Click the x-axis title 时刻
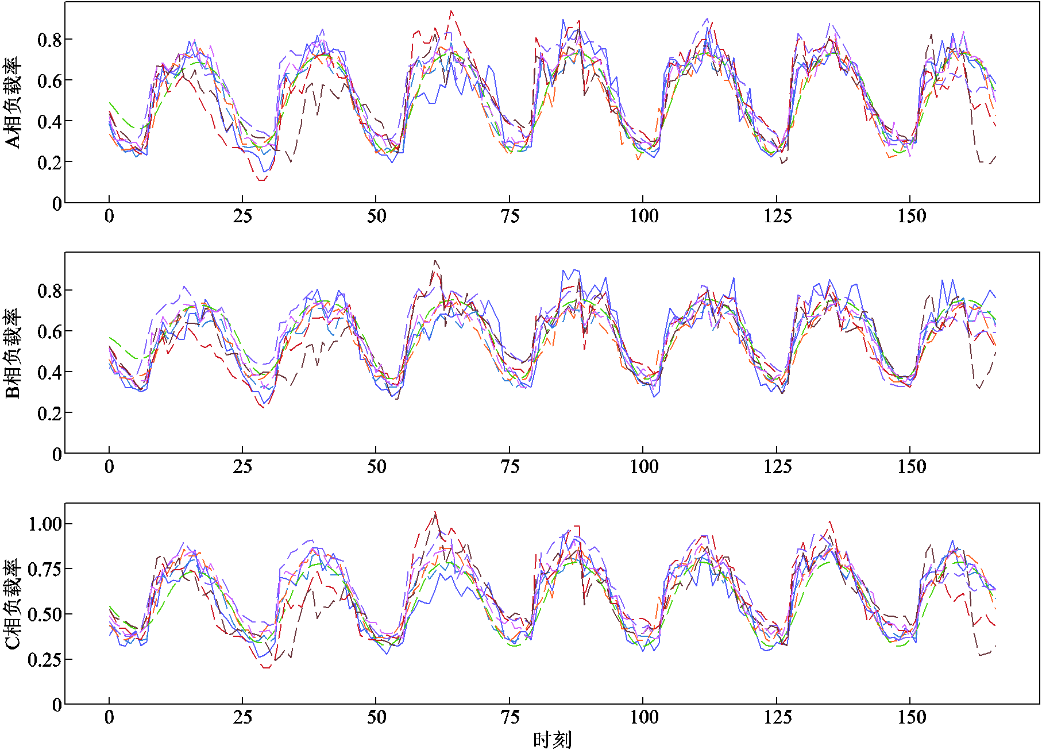click(552, 740)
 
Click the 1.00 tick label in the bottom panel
click(45, 524)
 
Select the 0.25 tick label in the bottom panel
click(45, 659)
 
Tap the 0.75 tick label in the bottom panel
click(45, 569)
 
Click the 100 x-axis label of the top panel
click(643, 216)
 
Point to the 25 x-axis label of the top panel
click(242, 216)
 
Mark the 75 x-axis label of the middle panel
click(510, 466)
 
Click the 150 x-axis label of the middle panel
click(911, 466)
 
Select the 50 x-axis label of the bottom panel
click(376, 717)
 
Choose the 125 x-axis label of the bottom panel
click(777, 717)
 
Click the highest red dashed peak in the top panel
click(451, 11)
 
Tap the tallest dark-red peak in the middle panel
click(435, 261)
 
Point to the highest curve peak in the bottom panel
click(435, 512)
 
